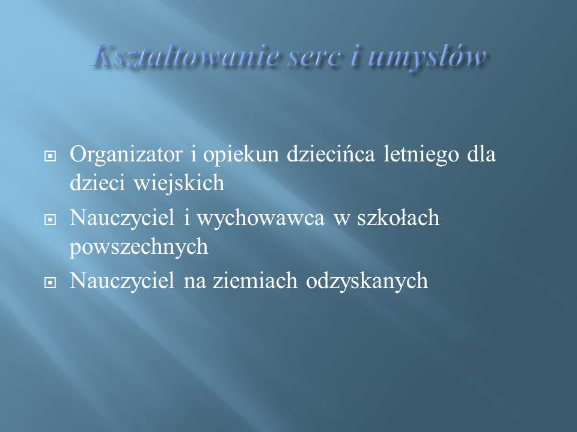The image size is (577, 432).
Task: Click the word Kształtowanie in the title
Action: click(185, 57)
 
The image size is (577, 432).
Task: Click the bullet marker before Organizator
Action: click(50, 156)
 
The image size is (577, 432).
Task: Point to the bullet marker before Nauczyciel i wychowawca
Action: click(50, 220)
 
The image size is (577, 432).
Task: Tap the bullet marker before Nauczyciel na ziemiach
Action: click(50, 283)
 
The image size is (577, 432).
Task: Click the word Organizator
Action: click(126, 155)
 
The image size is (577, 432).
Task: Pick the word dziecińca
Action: click(331, 154)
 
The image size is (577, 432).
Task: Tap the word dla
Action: click(481, 154)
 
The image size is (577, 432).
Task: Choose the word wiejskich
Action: click(179, 182)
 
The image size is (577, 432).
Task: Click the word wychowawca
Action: click(261, 218)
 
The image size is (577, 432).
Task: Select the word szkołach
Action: click(398, 217)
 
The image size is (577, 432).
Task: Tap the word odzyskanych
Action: click(367, 281)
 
